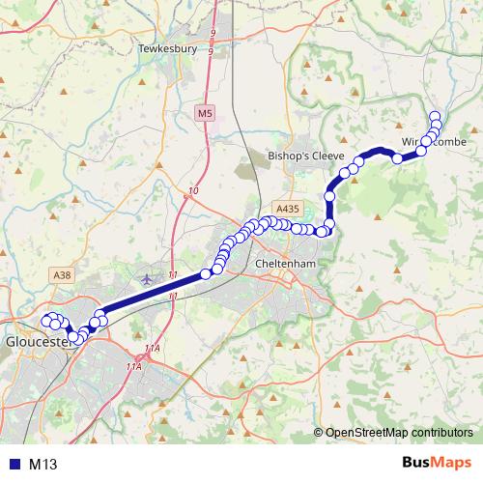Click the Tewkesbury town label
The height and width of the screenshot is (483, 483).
[168, 47]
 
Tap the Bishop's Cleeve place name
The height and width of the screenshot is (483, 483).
[298, 155]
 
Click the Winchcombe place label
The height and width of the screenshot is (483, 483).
[434, 142]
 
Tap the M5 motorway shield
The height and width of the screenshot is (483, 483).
[204, 114]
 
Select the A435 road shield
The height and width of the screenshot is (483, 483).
[286, 208]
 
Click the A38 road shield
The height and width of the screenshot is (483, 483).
[63, 275]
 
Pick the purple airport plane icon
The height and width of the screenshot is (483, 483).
[147, 279]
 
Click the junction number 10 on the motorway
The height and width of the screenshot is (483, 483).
[193, 191]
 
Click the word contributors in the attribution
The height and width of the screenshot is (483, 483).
[443, 433]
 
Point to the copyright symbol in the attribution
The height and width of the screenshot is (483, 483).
[319, 433]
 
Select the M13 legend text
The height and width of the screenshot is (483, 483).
[43, 465]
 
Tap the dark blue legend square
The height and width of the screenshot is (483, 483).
[14, 465]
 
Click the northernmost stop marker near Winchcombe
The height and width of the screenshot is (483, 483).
[435, 115]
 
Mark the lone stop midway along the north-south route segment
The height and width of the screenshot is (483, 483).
[330, 196]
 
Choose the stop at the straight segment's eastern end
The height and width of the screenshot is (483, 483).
[206, 274]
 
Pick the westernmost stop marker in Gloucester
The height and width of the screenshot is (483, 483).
[44, 319]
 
